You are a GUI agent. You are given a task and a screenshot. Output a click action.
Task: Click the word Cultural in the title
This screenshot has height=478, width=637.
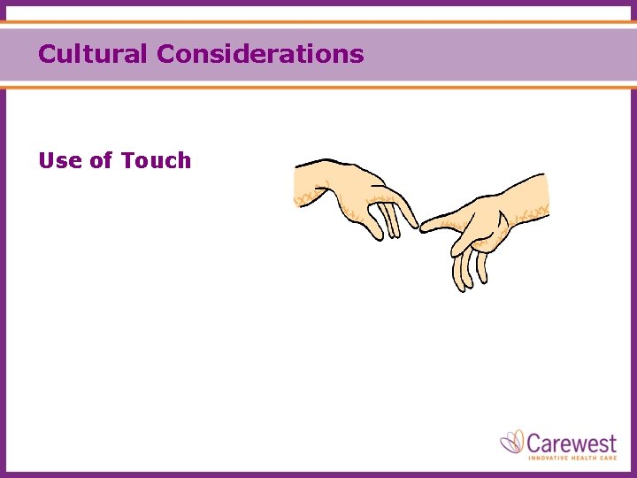(x=93, y=54)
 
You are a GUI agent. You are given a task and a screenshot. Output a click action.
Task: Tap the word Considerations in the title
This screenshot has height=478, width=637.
(x=260, y=54)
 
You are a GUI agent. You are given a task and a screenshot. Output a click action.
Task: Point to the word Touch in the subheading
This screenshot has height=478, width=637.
(x=157, y=160)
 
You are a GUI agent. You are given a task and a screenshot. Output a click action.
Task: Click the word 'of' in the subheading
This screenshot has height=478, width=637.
(x=101, y=160)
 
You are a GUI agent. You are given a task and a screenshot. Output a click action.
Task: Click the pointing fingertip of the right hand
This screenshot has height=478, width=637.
(x=425, y=227)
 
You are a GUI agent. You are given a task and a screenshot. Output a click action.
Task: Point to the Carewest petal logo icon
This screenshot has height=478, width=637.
(x=513, y=442)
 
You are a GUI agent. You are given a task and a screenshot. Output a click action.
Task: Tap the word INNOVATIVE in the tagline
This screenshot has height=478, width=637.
(x=549, y=457)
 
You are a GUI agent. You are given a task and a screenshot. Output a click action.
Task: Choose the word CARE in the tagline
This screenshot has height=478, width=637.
(x=610, y=457)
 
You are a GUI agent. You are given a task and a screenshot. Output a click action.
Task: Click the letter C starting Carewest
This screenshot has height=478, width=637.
(x=535, y=441)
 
